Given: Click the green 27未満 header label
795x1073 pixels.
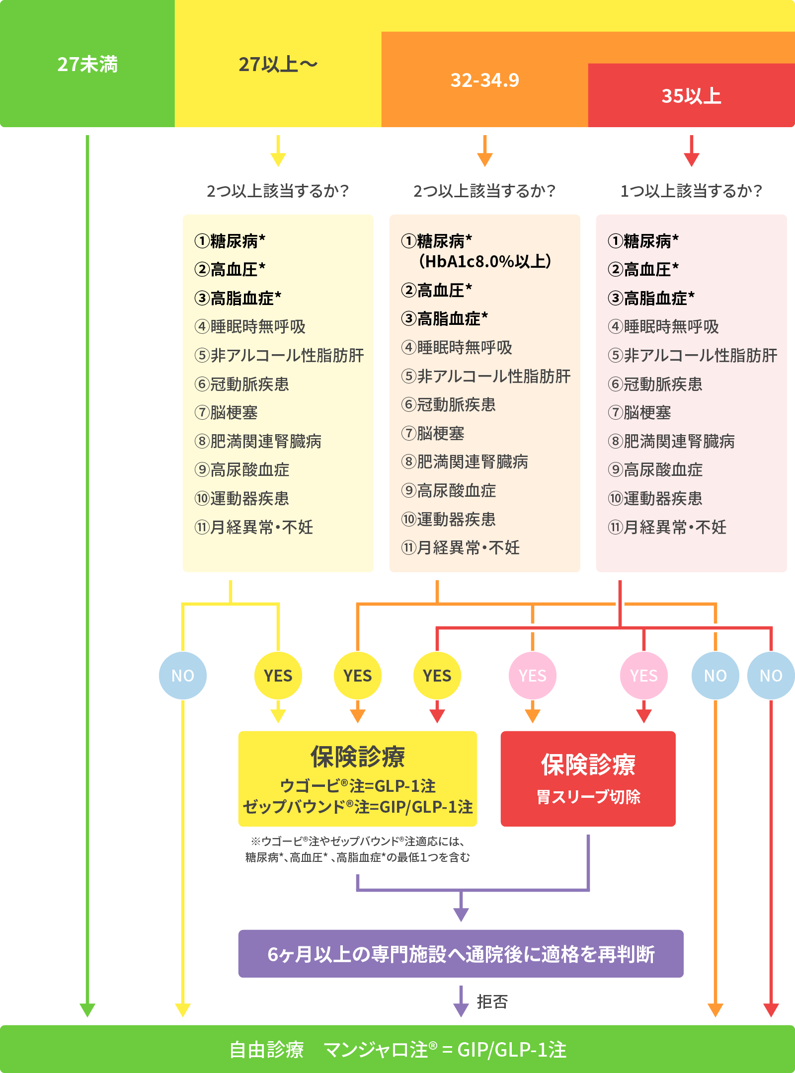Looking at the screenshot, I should pyautogui.click(x=87, y=65).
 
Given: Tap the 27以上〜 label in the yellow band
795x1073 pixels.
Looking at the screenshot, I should pyautogui.click(x=278, y=65).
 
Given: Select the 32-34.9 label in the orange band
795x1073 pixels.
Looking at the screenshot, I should pyautogui.click(x=484, y=80).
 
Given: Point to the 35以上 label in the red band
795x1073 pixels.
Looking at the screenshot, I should pyautogui.click(x=691, y=96).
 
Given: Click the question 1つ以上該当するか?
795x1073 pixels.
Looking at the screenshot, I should pyautogui.click(x=691, y=191).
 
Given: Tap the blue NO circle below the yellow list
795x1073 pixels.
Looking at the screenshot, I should pyautogui.click(x=183, y=676).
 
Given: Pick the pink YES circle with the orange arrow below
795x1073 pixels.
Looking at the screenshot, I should pyautogui.click(x=533, y=676).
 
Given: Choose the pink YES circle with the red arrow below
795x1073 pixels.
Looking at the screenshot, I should pyautogui.click(x=644, y=676).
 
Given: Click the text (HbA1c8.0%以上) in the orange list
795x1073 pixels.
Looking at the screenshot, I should pyautogui.click(x=485, y=261).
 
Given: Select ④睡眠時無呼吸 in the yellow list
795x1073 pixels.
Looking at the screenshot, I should pyautogui.click(x=250, y=327).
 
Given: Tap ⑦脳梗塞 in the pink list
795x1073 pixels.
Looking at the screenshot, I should pyautogui.click(x=640, y=412).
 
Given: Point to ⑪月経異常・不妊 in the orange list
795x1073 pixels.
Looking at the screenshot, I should pyautogui.click(x=461, y=548).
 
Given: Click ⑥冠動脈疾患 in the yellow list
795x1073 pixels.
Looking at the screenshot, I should pyautogui.click(x=242, y=384).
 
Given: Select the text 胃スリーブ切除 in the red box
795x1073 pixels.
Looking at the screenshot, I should pyautogui.click(x=588, y=797).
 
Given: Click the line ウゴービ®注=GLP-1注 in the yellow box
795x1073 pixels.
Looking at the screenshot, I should pyautogui.click(x=358, y=786).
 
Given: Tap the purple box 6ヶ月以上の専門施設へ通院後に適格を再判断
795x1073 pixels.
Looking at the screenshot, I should pyautogui.click(x=461, y=954).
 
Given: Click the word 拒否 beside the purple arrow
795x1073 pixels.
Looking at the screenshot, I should pyautogui.click(x=492, y=1002).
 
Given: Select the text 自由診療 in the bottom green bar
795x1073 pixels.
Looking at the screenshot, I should pyautogui.click(x=266, y=1050).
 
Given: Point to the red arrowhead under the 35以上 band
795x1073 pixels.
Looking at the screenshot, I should pyautogui.click(x=691, y=159).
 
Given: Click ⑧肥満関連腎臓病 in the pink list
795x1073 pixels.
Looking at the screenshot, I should pyautogui.click(x=671, y=441).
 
